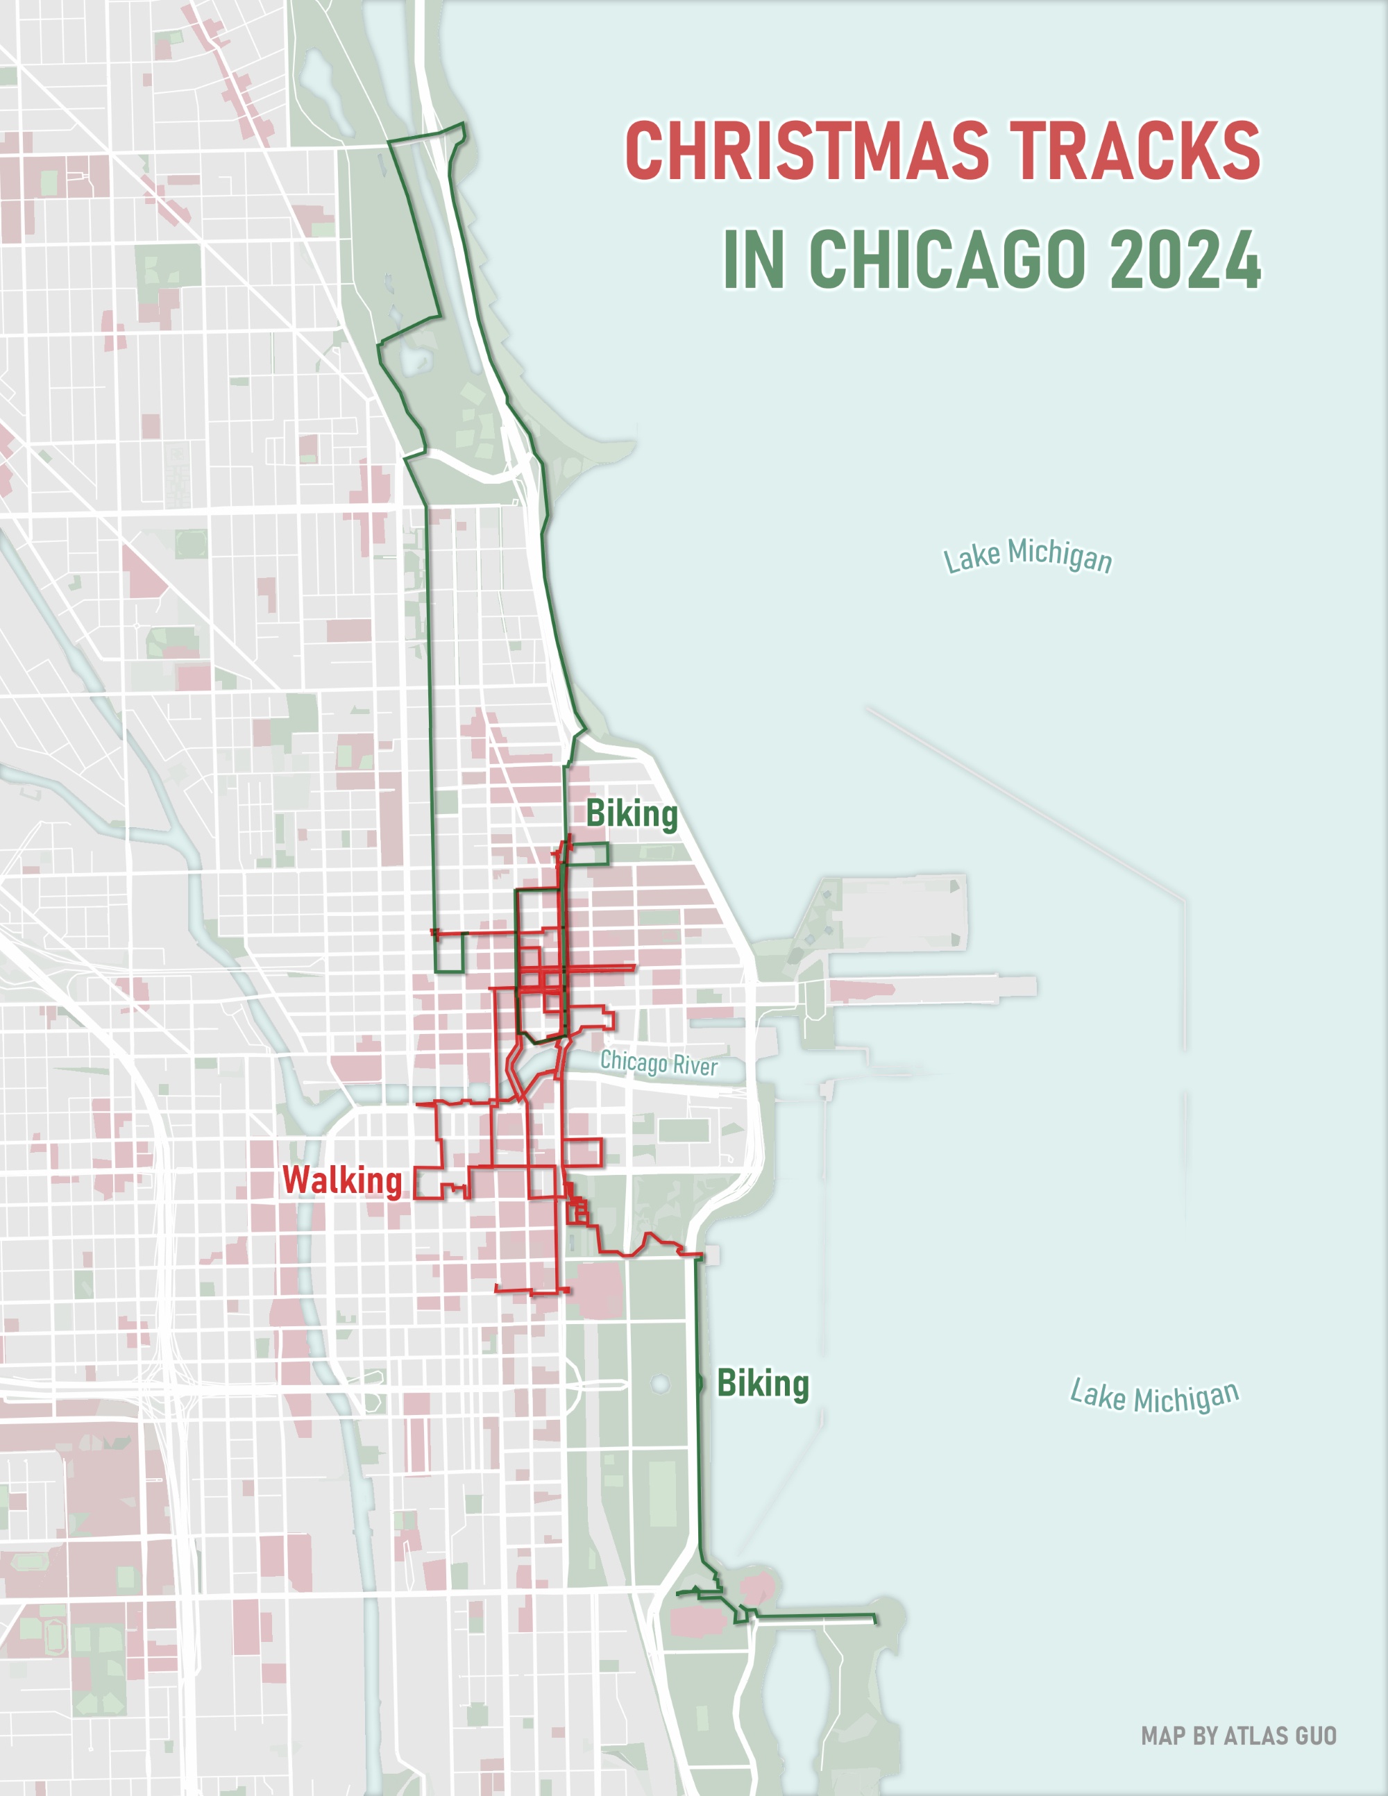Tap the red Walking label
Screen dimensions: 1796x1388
point(342,1181)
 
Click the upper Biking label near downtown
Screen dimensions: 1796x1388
point(632,814)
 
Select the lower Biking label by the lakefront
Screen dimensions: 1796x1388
point(763,1384)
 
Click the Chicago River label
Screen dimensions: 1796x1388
point(659,1063)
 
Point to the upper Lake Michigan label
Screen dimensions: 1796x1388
point(1027,556)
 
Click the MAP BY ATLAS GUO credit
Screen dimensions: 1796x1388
point(1238,1736)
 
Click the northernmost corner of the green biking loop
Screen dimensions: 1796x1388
point(463,124)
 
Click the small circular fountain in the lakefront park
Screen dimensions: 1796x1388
point(659,1384)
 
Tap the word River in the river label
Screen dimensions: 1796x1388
point(695,1067)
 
